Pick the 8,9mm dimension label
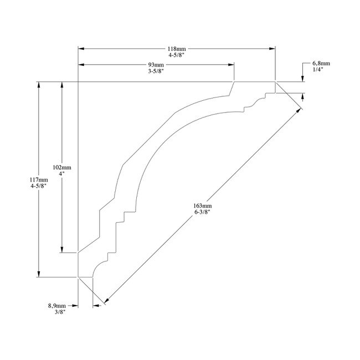(57, 305)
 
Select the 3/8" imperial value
(57, 312)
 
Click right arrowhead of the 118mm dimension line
(272, 49)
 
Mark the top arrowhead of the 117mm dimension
(39, 86)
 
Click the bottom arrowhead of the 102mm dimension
(62, 249)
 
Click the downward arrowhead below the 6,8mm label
(303, 78)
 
